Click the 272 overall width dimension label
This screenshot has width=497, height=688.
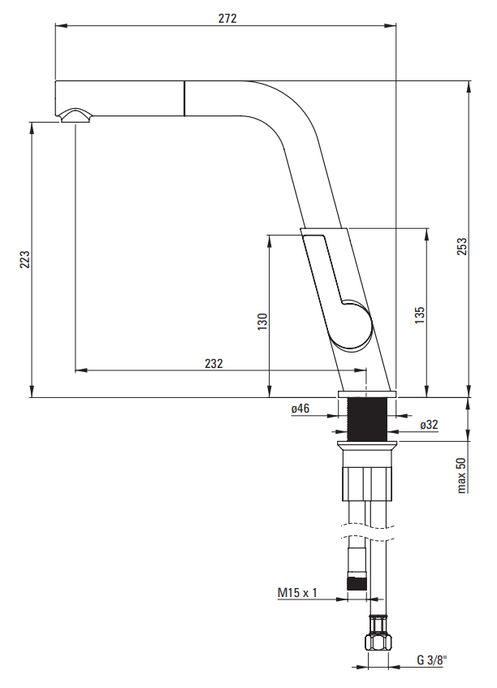tap(227, 18)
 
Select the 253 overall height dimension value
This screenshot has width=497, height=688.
tap(462, 247)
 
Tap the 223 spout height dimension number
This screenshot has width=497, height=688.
tap(24, 259)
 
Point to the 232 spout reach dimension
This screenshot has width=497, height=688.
tap(214, 363)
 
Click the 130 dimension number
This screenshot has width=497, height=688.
tap(262, 322)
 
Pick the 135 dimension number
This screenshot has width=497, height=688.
tap(420, 315)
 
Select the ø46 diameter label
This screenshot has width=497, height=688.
tap(300, 409)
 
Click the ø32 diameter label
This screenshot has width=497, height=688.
tap(429, 425)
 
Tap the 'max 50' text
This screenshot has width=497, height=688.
tap(461, 476)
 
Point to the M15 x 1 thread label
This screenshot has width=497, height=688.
tap(297, 593)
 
